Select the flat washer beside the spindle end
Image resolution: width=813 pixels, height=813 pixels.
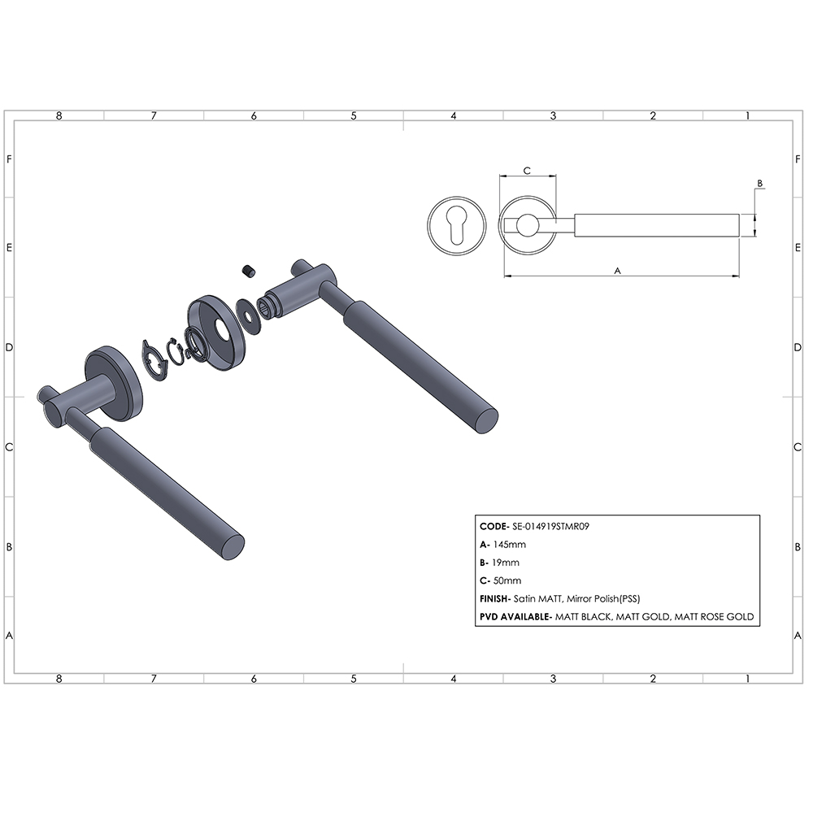pyautogui.click(x=248, y=316)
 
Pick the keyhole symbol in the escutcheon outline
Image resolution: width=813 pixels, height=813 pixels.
pyautogui.click(x=457, y=225)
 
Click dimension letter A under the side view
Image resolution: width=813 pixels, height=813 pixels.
pyautogui.click(x=617, y=271)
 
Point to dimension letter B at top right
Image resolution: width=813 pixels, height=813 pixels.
pyautogui.click(x=760, y=183)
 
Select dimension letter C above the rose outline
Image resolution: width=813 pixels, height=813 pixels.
pyautogui.click(x=527, y=171)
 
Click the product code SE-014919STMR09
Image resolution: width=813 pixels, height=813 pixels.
pyautogui.click(x=550, y=526)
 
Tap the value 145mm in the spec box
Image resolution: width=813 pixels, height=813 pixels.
pyautogui.click(x=509, y=545)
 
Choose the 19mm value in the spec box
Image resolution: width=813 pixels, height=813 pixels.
pyautogui.click(x=506, y=563)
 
